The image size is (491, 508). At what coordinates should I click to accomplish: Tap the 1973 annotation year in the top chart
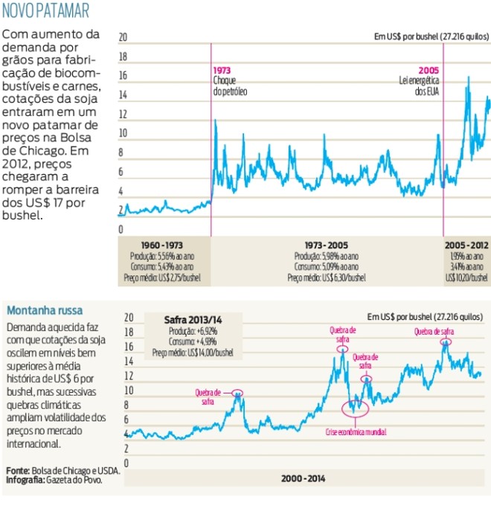(x=221, y=69)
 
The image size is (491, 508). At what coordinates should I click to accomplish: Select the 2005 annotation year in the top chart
(x=429, y=69)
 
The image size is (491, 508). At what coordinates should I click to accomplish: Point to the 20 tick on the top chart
(x=123, y=36)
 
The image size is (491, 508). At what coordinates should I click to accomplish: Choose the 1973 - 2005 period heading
(x=327, y=245)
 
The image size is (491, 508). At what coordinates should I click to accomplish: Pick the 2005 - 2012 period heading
(x=466, y=245)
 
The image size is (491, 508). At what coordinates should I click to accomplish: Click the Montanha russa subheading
(x=45, y=310)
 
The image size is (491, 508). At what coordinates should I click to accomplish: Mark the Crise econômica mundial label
(x=356, y=431)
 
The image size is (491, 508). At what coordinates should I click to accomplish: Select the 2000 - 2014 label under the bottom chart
(x=303, y=478)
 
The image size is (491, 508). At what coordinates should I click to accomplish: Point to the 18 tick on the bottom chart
(x=128, y=332)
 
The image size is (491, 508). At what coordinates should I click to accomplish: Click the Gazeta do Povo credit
(x=74, y=480)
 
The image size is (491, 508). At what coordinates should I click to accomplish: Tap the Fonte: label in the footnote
(x=19, y=471)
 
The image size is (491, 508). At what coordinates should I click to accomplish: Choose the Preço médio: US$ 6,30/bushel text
(x=327, y=277)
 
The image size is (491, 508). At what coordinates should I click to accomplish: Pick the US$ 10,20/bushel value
(x=466, y=277)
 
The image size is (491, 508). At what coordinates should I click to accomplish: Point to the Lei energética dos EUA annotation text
(x=421, y=86)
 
